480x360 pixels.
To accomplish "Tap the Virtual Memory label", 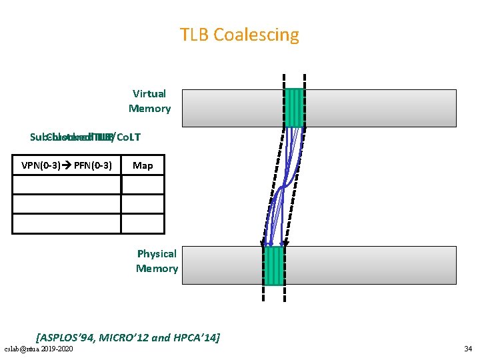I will [149, 101].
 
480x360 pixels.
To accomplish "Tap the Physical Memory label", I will [157, 261].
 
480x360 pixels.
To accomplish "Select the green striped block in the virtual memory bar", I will [294, 107].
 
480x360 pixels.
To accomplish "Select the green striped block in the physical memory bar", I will [274, 265].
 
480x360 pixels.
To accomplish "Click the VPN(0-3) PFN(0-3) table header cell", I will [67, 165].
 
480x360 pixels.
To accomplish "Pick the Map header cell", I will [143, 165].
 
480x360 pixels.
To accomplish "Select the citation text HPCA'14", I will [193, 338].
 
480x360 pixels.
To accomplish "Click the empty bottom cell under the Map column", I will [143, 223].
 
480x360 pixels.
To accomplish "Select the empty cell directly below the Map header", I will [143, 184].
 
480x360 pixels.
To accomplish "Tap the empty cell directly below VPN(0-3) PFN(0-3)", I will [67, 184].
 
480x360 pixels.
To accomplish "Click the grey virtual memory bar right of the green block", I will [380, 107].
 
